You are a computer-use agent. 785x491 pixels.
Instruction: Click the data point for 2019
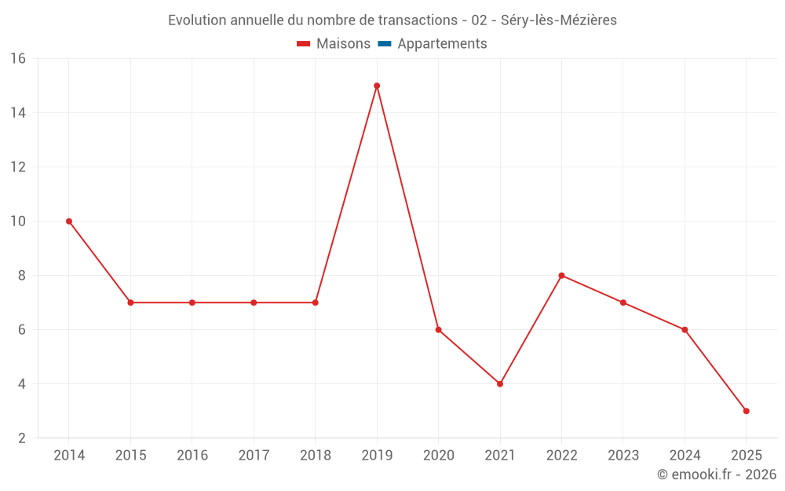tap(377, 86)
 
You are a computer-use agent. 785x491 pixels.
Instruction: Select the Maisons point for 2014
tap(69, 222)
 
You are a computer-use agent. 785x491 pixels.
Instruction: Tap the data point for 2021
tap(500, 384)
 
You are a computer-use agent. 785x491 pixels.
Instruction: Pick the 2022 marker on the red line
tap(561, 276)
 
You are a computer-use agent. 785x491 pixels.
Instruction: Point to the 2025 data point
tap(746, 411)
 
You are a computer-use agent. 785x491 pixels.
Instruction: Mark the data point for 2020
tap(438, 330)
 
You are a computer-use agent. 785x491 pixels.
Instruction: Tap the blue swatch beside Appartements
tap(384, 44)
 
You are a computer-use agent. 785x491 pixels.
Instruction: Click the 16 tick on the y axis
tap(18, 59)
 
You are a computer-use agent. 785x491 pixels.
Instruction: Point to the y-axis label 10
tap(18, 222)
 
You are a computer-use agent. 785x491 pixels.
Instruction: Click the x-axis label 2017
tap(254, 456)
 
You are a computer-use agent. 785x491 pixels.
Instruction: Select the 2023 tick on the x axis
tap(623, 456)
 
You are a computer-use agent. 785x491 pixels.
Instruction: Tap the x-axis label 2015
tap(130, 456)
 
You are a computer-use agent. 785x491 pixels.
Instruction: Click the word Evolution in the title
tap(196, 20)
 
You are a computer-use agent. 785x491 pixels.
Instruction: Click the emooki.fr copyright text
tap(717, 475)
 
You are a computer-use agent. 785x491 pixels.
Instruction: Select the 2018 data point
tap(316, 302)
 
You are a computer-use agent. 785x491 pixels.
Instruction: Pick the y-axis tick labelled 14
tap(18, 113)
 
